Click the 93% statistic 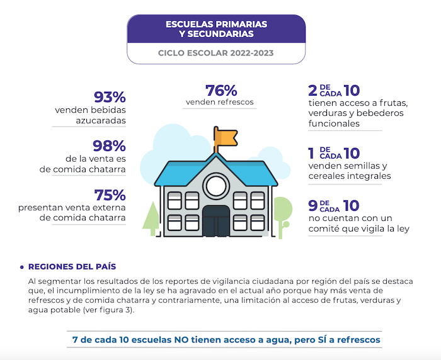110,98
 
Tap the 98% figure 110,146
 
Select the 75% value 110,195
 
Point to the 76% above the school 220,91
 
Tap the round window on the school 215,185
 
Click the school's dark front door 215,220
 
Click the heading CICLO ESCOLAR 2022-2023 215,53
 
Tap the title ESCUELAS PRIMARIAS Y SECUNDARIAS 215,28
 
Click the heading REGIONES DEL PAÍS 72,267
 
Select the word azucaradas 101,120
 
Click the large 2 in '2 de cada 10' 313,91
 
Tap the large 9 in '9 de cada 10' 313,206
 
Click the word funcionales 334,124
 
